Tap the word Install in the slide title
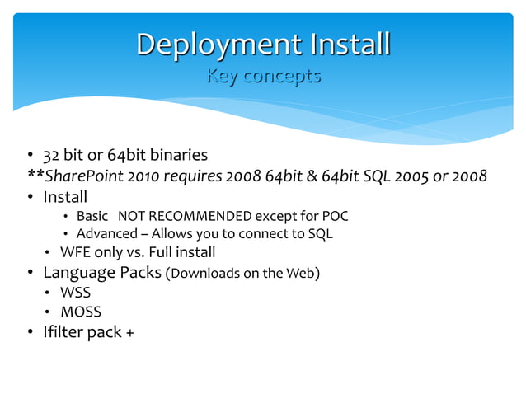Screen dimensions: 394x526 click(347, 45)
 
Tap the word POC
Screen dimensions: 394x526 click(334, 217)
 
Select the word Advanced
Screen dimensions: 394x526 click(106, 234)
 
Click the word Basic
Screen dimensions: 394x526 click(92, 217)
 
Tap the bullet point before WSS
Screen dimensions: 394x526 click(49, 293)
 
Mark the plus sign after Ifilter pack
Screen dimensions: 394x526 click(130, 333)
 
